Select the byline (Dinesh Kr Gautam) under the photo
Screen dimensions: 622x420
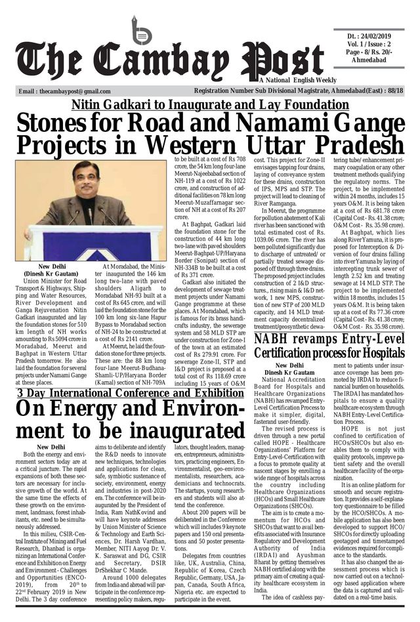coord(51,273)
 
